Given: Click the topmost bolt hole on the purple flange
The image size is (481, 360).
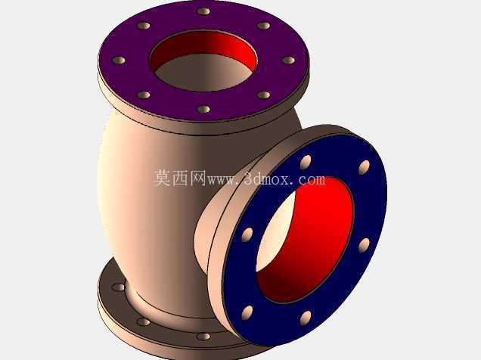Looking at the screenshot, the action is pos(203,11).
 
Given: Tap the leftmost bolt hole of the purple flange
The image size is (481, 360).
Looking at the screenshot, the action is pos(119,60).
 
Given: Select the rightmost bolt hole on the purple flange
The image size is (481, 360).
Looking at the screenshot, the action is pos(288,60).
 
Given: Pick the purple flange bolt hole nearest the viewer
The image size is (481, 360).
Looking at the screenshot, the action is pos(203,109).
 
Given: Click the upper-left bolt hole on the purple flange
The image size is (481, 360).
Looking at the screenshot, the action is pos(143,26).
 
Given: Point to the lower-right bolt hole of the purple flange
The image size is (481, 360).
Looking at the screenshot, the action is pos(263,95).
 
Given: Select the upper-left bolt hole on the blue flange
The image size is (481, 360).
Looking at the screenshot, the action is pos(306,162).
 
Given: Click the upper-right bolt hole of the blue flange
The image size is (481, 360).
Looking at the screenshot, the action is pos(364,167).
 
